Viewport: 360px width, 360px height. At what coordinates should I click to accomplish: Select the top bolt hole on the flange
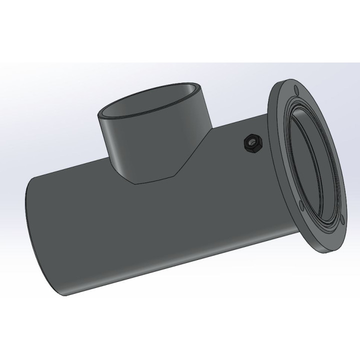tap(296, 90)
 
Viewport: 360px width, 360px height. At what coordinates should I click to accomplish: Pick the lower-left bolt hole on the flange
tap(299, 203)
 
